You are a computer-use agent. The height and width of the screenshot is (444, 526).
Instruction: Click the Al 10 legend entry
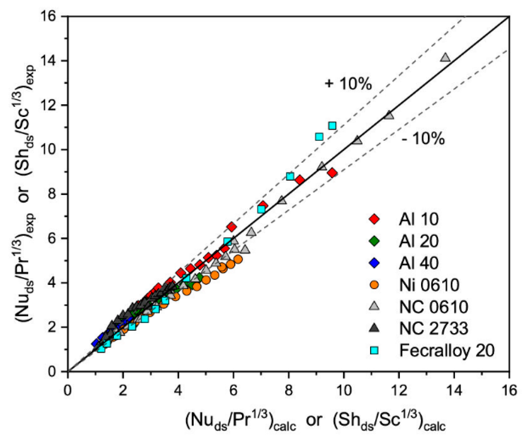pyautogui.click(x=419, y=219)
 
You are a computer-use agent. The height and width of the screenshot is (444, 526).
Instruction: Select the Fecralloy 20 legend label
pyautogui.click(x=447, y=351)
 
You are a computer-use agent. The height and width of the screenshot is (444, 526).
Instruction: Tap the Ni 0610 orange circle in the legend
pyautogui.click(x=374, y=285)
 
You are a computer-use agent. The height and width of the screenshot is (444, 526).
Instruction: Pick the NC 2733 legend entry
pyautogui.click(x=434, y=328)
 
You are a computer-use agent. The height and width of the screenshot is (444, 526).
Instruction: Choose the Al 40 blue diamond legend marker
pyautogui.click(x=374, y=263)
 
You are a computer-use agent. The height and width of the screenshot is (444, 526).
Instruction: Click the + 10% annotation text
pyautogui.click(x=348, y=83)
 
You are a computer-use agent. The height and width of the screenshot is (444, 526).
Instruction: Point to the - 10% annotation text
pyautogui.click(x=423, y=139)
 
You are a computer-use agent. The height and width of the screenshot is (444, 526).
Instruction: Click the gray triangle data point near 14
pyautogui.click(x=445, y=58)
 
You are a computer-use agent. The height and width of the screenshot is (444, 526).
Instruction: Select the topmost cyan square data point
pyautogui.click(x=332, y=126)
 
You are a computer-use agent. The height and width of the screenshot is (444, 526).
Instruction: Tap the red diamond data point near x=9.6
pyautogui.click(x=332, y=173)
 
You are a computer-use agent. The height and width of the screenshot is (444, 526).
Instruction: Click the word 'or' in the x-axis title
pyautogui.click(x=314, y=420)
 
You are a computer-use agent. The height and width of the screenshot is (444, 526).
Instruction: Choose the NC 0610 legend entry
pyautogui.click(x=434, y=307)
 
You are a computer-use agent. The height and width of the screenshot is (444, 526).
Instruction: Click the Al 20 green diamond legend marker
pyautogui.click(x=374, y=241)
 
